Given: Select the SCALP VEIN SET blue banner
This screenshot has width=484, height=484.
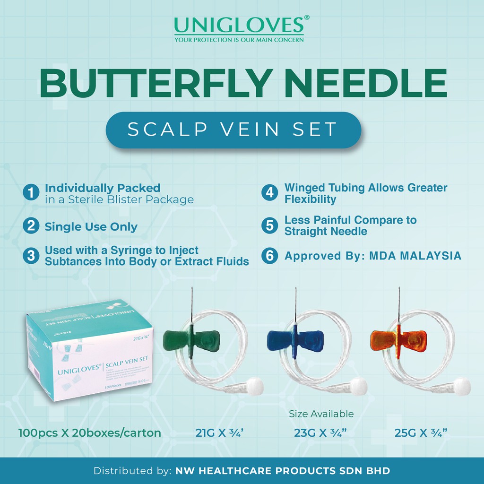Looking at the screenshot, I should pos(233,130).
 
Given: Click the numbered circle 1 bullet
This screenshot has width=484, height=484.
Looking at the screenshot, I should pos(31,193).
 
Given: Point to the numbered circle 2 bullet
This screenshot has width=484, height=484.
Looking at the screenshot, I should pos(31,226).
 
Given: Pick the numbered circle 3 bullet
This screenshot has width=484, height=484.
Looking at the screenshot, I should pos(31,256).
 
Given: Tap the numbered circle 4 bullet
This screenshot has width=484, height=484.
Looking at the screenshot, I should pos(269,193).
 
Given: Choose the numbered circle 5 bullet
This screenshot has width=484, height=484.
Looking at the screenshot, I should pos(269,225).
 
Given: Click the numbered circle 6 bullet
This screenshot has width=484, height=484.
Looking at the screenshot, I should pos(269,256).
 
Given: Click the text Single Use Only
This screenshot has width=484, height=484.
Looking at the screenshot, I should pos(91,226).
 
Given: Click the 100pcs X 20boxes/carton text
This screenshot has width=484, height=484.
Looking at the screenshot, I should pos(90,432).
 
